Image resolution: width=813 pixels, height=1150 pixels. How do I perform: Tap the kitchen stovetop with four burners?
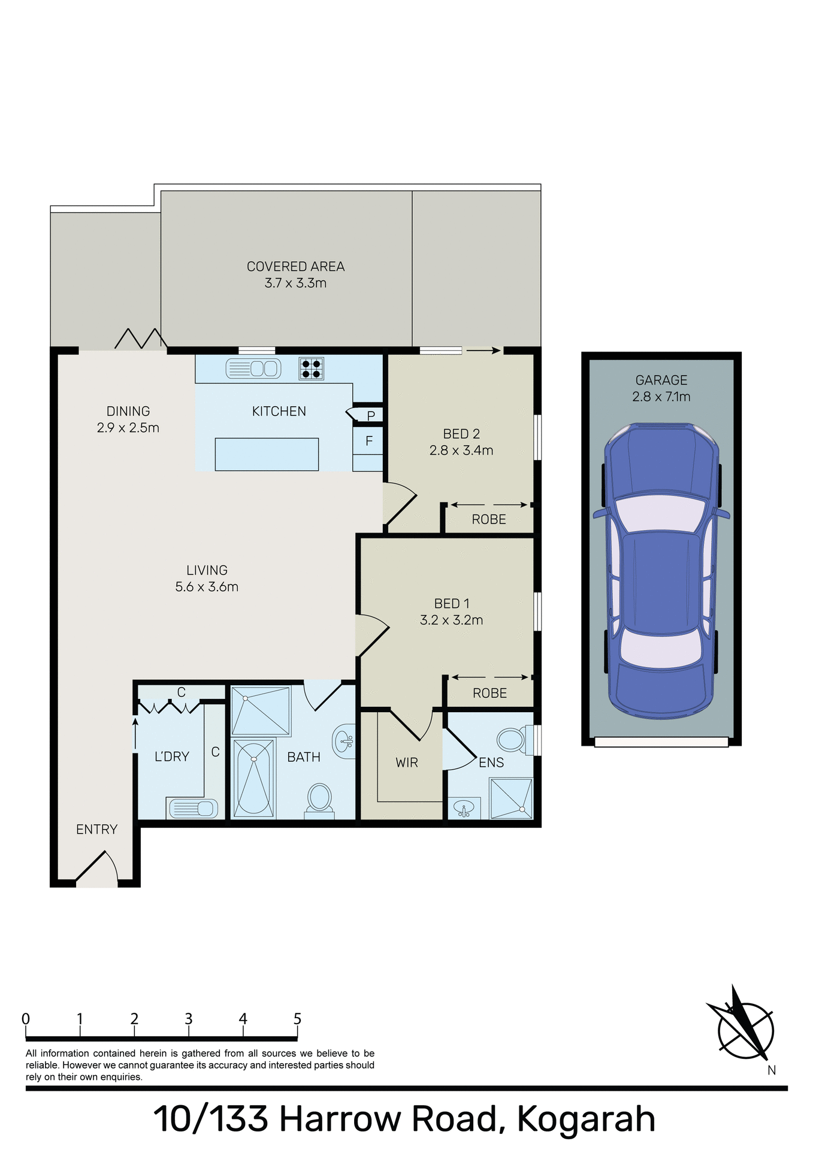(x=311, y=369)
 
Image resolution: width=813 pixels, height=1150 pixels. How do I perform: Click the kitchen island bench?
(x=267, y=454)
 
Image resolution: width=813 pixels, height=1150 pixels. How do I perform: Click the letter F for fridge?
(x=369, y=441)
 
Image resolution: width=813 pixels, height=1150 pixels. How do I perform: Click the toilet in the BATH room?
(x=319, y=799)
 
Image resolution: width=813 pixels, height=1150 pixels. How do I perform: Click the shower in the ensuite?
(x=510, y=798)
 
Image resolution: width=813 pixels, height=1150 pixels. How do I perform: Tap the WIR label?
(x=407, y=763)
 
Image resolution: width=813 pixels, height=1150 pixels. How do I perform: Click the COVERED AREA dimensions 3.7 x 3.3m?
(x=295, y=283)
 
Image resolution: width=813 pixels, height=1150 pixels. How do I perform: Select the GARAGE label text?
(x=661, y=380)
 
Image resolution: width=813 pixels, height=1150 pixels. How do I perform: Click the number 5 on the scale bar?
(x=297, y=1019)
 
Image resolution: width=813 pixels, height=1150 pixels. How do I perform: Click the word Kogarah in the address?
(x=586, y=1119)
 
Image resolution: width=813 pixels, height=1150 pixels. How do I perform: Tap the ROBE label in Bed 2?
(x=489, y=520)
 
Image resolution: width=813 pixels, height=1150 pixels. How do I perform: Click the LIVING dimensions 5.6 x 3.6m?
(x=207, y=587)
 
